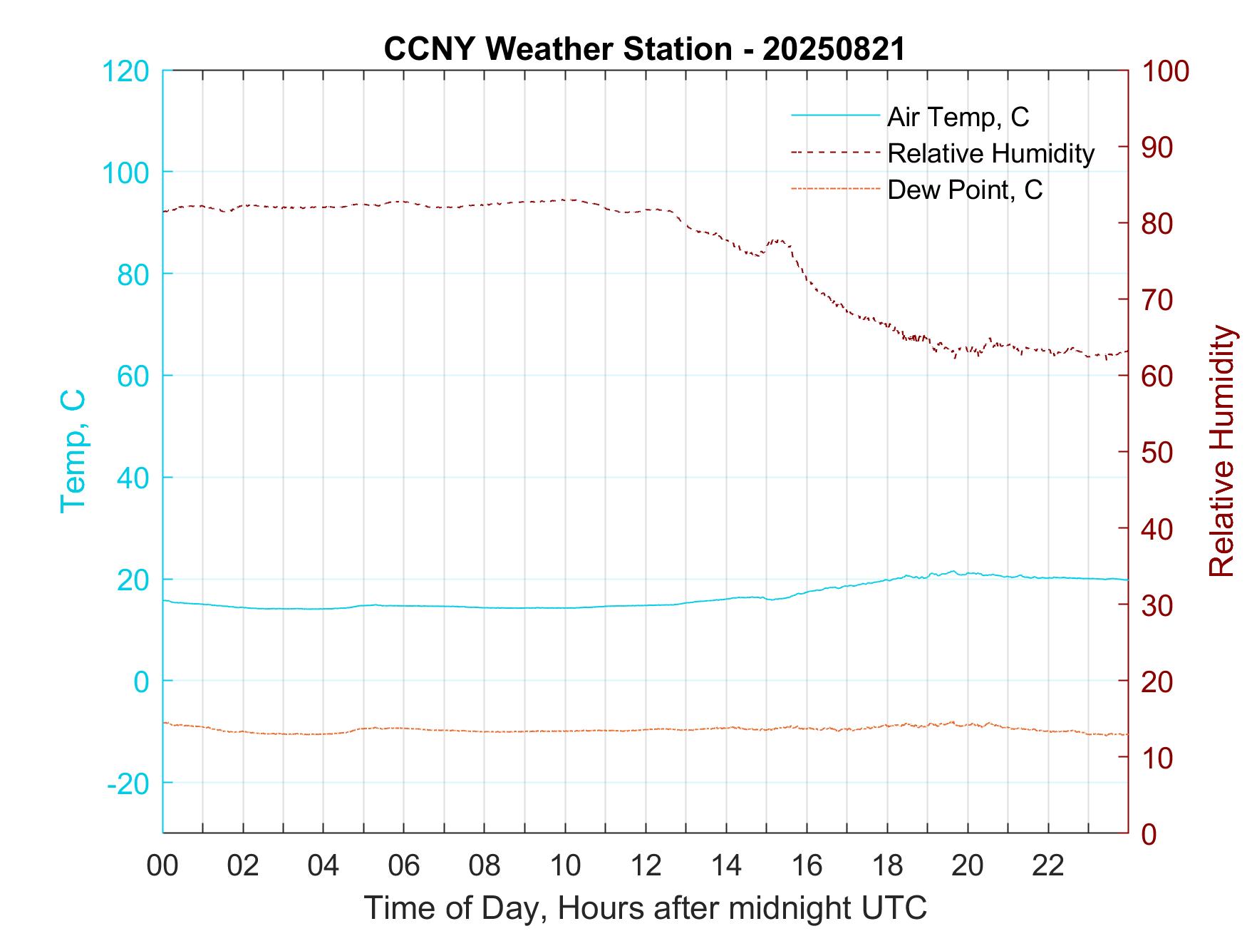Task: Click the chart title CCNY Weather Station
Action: pos(644,48)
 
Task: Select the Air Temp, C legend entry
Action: pos(957,116)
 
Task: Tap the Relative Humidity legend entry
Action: pos(990,153)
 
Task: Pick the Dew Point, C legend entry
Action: pos(964,190)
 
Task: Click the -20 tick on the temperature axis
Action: pos(128,783)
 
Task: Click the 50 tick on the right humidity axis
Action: pos(1158,453)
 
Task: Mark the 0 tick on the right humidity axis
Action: pos(1149,833)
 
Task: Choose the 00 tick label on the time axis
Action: pos(162,866)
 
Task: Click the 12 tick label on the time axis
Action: pos(646,866)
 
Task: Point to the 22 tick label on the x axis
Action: pos(1048,866)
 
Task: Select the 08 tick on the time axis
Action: pos(485,866)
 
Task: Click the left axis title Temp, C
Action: pos(73,451)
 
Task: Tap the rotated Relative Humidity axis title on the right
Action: pos(1221,451)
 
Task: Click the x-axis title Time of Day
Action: pos(646,907)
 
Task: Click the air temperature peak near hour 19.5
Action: pos(953,571)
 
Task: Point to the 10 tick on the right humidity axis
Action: pos(1158,757)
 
